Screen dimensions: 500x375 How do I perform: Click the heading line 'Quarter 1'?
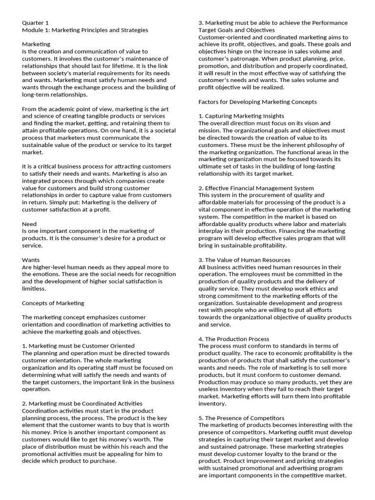pyautogui.click(x=36, y=23)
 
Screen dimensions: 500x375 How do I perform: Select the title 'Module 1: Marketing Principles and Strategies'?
pyautogui.click(x=85, y=30)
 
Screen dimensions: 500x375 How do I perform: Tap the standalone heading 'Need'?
pyautogui.click(x=30, y=224)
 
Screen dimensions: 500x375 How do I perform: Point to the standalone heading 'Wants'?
pyautogui.click(x=31, y=260)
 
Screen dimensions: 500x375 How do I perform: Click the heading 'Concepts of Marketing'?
pyautogui.click(x=53, y=303)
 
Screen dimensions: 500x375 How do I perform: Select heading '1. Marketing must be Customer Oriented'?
pyautogui.click(x=78, y=346)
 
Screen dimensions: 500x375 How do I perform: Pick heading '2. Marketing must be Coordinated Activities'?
pyautogui.click(x=82, y=403)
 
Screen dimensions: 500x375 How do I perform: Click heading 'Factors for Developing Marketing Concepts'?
pyautogui.click(x=257, y=102)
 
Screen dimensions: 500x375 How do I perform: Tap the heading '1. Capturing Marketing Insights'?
pyautogui.click(x=241, y=116)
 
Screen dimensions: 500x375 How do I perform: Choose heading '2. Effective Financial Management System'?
pyautogui.click(x=256, y=188)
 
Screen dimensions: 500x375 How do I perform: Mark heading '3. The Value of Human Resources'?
pyautogui.click(x=244, y=260)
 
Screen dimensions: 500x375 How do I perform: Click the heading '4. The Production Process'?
pyautogui.click(x=234, y=339)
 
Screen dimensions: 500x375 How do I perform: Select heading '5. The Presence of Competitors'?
pyautogui.click(x=241, y=418)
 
